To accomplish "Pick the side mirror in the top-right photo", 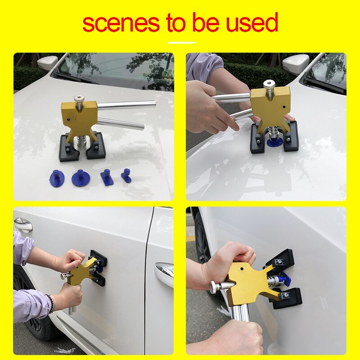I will click(295, 63).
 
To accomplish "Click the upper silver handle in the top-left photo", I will click(126, 105).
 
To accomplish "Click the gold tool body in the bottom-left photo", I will click(83, 273).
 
